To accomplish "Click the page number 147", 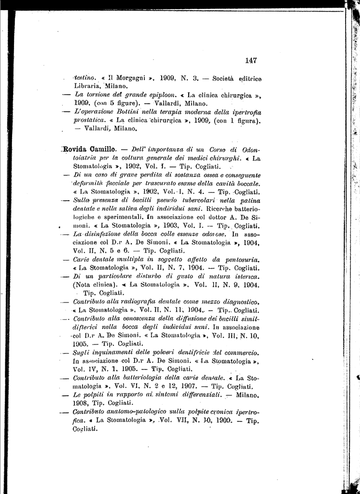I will [x=250, y=60].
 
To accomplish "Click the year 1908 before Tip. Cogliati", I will [x=81, y=403].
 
